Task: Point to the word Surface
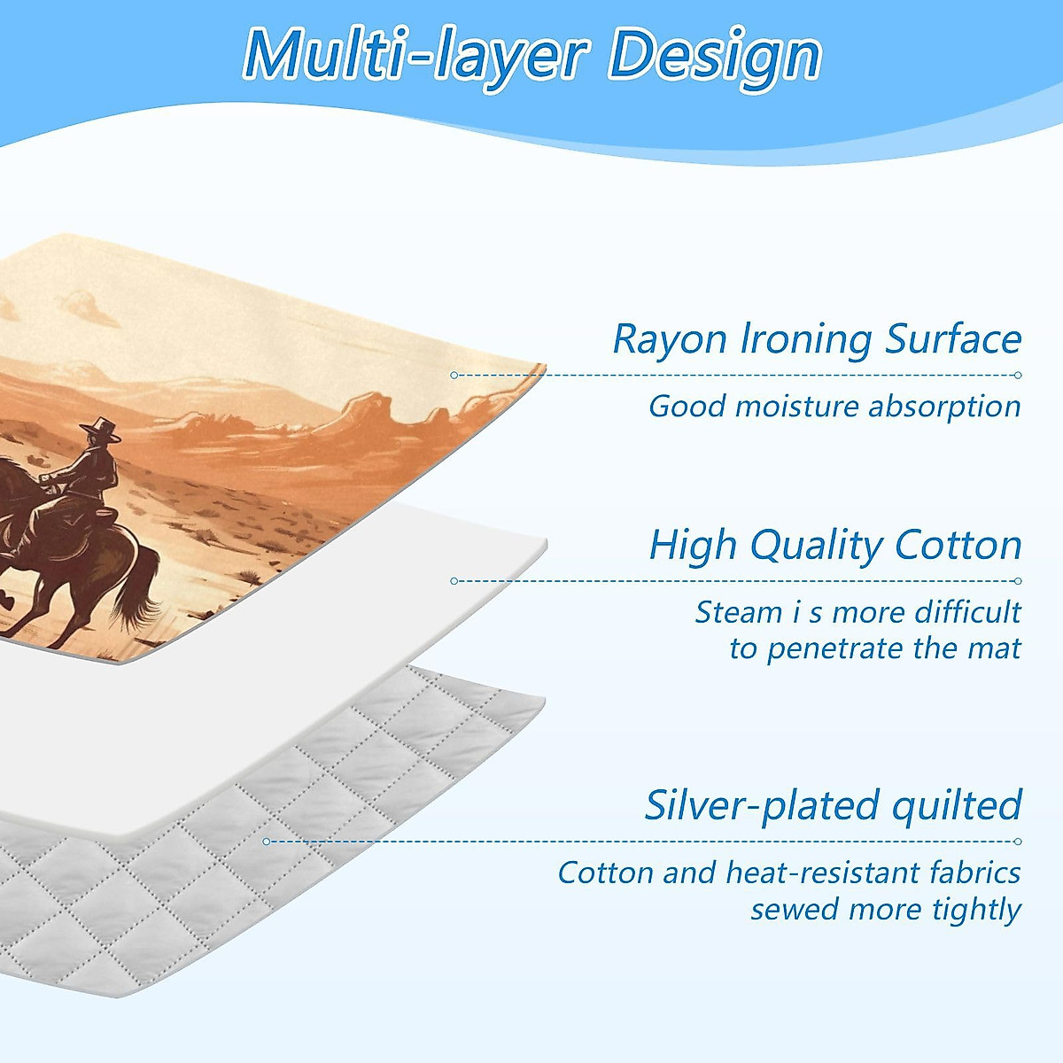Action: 953,338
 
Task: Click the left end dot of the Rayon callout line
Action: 454,375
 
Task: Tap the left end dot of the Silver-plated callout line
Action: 267,842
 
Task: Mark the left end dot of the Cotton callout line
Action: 454,581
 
